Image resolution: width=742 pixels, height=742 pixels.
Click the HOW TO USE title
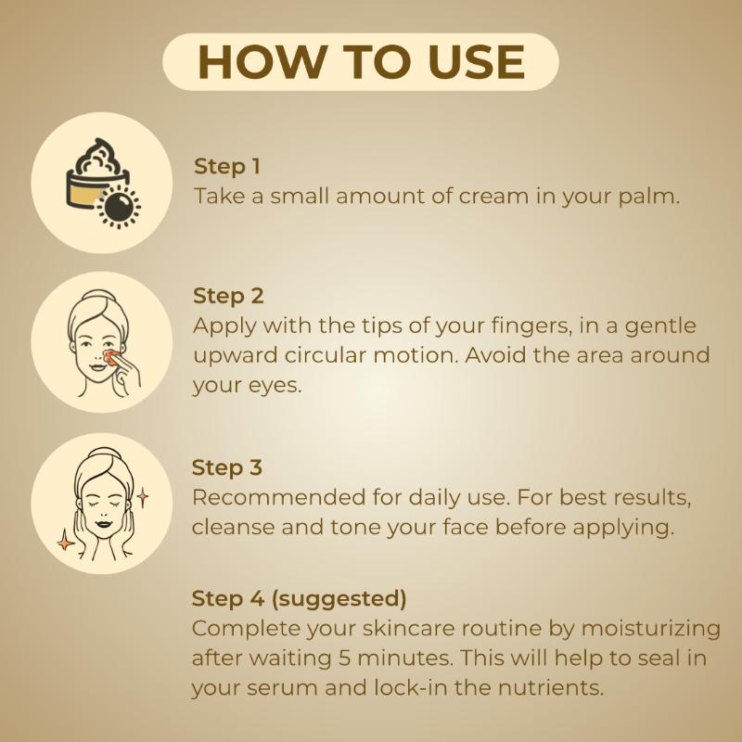click(x=361, y=62)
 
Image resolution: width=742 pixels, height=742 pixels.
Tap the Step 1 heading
click(x=227, y=167)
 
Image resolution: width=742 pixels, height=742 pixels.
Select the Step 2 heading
click(x=228, y=296)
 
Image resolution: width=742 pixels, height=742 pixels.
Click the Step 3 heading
click(x=226, y=467)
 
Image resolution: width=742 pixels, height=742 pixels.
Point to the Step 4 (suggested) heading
click(x=299, y=598)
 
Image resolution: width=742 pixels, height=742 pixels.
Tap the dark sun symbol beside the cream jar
click(x=119, y=206)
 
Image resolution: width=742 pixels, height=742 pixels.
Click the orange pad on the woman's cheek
click(x=111, y=356)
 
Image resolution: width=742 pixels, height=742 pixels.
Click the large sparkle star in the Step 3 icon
click(x=65, y=541)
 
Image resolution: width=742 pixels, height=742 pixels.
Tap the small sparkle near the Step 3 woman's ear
click(x=142, y=497)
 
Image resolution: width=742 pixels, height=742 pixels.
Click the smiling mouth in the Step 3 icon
click(x=104, y=524)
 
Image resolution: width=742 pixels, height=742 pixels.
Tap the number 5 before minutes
click(x=344, y=659)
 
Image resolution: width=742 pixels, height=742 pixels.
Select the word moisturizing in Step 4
click(x=651, y=630)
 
